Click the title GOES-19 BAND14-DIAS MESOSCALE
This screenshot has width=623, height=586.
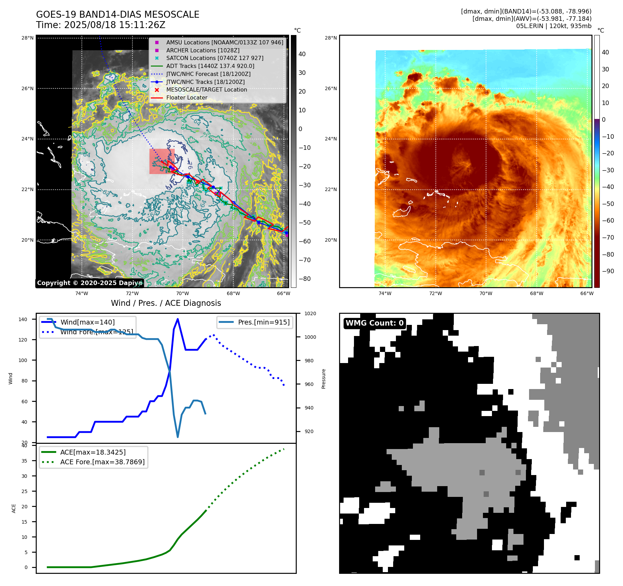click(118, 15)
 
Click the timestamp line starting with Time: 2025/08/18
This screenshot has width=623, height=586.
click(101, 25)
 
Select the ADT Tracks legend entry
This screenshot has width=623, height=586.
click(210, 66)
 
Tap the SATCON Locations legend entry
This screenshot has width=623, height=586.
click(215, 58)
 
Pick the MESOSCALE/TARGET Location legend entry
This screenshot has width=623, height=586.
click(206, 89)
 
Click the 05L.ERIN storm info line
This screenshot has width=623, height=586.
click(554, 26)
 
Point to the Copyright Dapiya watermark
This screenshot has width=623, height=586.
click(89, 283)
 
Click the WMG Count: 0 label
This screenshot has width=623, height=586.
click(374, 323)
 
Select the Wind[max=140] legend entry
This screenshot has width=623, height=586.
click(87, 322)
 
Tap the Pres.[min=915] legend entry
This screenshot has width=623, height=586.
click(263, 322)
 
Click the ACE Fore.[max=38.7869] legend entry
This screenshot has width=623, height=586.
click(102, 462)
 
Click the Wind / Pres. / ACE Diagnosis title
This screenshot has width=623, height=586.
click(166, 303)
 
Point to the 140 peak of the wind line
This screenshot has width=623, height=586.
click(178, 319)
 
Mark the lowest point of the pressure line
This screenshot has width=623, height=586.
click(178, 437)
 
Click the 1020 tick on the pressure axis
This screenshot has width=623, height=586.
click(310, 313)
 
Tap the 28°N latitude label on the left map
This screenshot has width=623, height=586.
click(27, 38)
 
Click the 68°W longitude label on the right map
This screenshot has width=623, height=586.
click(536, 293)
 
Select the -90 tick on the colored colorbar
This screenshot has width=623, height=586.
click(608, 271)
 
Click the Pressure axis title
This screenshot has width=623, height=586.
click(323, 379)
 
